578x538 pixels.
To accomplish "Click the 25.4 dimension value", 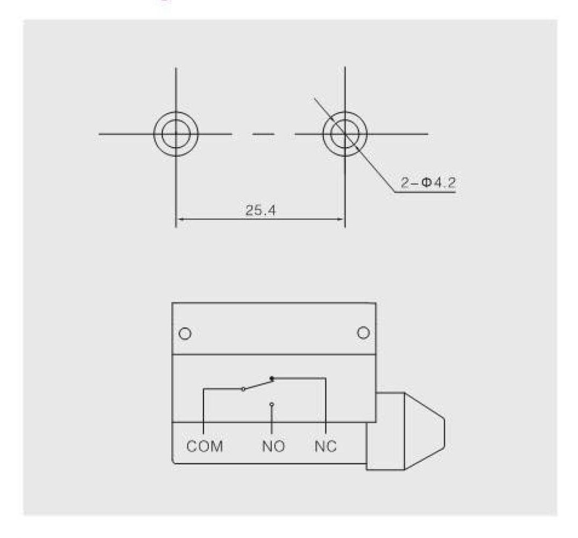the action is tap(261, 210).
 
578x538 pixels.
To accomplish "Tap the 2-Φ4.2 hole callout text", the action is tap(428, 183).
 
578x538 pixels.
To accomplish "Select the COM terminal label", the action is tap(205, 446).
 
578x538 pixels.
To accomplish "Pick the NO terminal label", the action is tap(273, 446).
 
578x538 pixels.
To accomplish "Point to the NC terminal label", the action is tap(326, 446).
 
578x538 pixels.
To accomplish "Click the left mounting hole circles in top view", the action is tap(154, 134).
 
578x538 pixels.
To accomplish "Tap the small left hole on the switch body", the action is tap(185, 333).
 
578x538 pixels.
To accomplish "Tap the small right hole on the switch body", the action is tap(364, 333).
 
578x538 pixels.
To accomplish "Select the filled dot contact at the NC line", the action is tap(272, 379).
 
